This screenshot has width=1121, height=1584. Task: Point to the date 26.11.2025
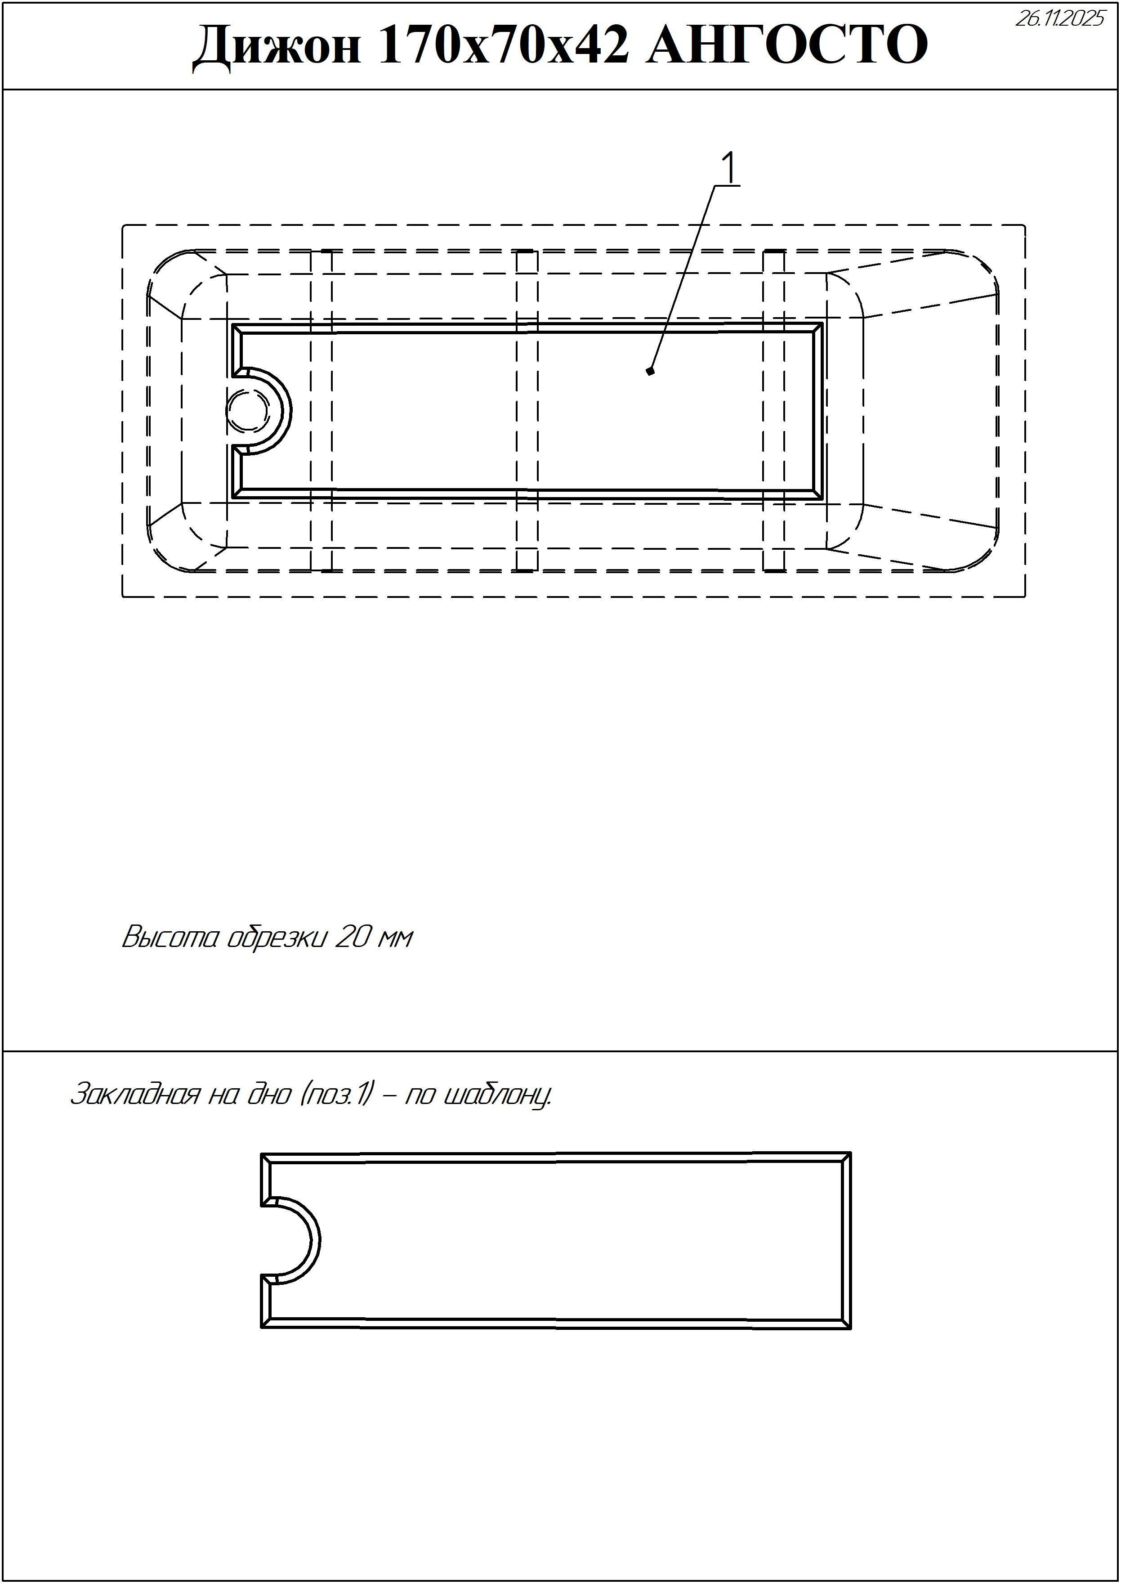pyautogui.click(x=1059, y=18)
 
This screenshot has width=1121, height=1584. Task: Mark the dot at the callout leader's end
pyautogui.click(x=650, y=372)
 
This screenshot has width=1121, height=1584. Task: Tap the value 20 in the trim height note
pyautogui.click(x=351, y=938)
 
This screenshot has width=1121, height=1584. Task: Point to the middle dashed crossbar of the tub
pyautogui.click(x=527, y=411)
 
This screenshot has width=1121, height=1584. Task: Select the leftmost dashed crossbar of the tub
pyautogui.click(x=321, y=411)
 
